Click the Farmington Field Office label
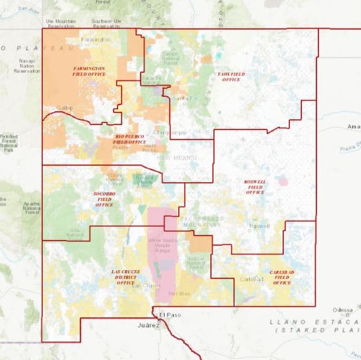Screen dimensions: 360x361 click(89, 71)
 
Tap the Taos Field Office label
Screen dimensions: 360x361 click(229, 77)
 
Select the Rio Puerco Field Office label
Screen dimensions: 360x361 click(129, 139)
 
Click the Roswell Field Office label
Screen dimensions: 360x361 click(255, 187)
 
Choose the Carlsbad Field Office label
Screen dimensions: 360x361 click(282, 277)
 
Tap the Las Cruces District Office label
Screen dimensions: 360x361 click(126, 277)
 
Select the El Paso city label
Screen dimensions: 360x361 click(170, 315)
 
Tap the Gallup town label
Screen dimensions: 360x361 click(65, 107)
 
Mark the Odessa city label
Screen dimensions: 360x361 click(342, 310)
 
